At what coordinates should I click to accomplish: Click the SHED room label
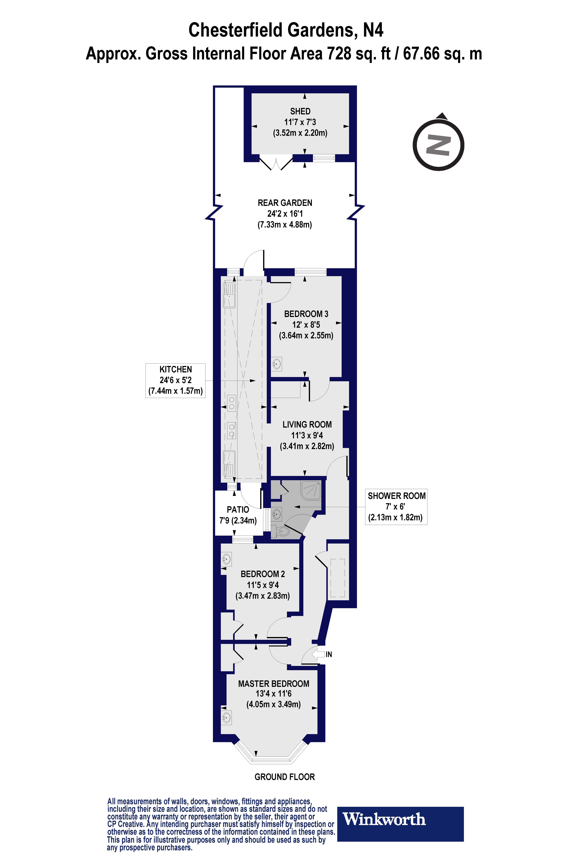pyautogui.click(x=300, y=111)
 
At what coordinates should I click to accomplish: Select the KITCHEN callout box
pyautogui.click(x=175, y=380)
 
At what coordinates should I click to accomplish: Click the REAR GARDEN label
pyautogui.click(x=285, y=203)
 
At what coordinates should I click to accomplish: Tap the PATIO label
pyautogui.click(x=238, y=510)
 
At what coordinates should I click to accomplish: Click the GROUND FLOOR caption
pyautogui.click(x=284, y=777)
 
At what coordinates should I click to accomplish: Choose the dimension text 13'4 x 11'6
pyautogui.click(x=273, y=694)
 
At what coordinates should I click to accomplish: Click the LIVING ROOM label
pyautogui.click(x=307, y=425)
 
